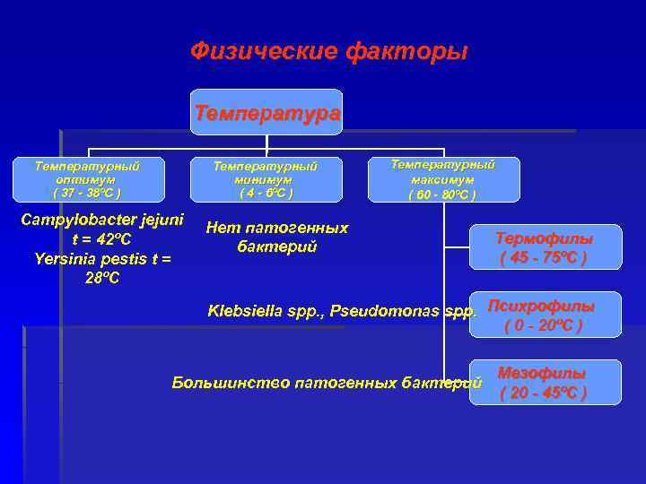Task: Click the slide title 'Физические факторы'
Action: tap(328, 52)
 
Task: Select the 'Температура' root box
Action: tap(267, 113)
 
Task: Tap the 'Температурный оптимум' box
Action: tap(87, 179)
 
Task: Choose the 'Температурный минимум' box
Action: tap(265, 179)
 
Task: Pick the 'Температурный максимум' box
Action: tap(443, 179)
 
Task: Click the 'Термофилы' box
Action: tap(545, 247)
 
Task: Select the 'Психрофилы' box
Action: tap(545, 315)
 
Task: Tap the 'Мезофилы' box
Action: tap(545, 383)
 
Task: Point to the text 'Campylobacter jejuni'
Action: tap(102, 220)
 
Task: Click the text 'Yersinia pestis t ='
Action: tap(97, 259)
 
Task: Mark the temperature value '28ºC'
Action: tap(102, 278)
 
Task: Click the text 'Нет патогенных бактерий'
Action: tap(277, 237)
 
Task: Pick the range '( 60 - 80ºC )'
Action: tap(443, 194)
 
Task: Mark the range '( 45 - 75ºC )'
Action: tap(545, 258)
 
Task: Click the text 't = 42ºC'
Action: tap(102, 239)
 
